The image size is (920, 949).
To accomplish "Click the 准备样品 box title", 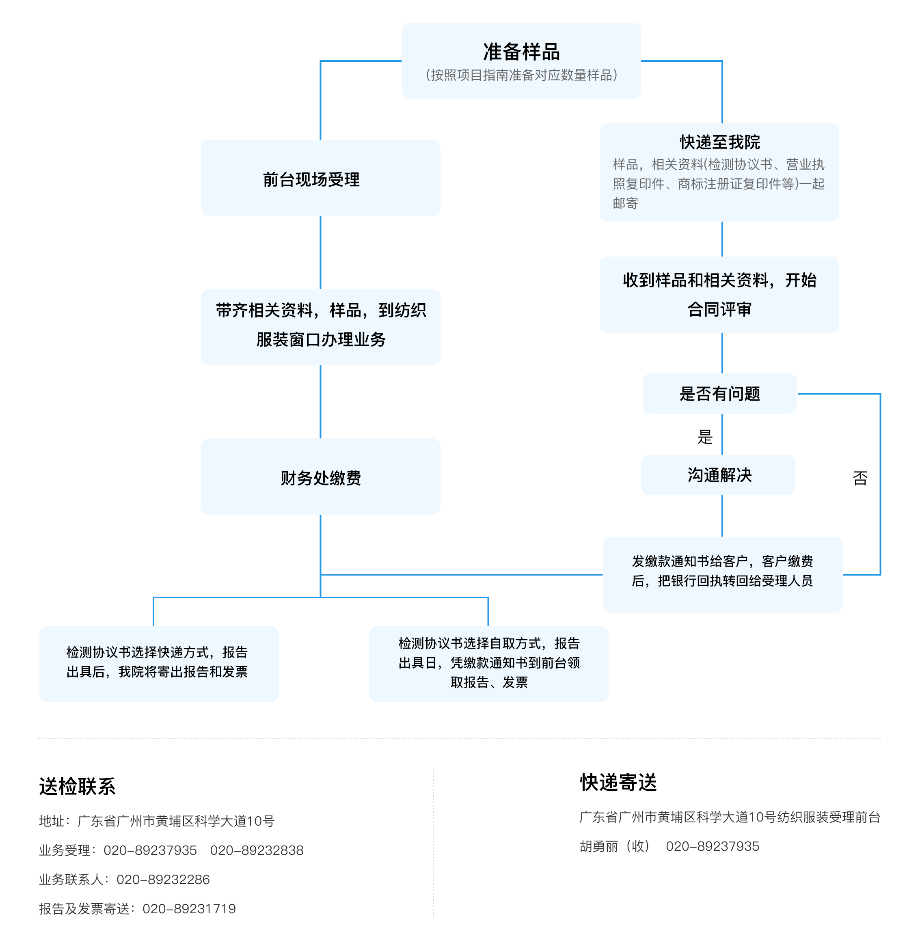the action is pyautogui.click(x=521, y=52).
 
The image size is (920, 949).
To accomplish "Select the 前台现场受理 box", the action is pyautogui.click(x=321, y=178).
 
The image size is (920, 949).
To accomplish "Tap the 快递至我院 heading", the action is pyautogui.click(x=719, y=142).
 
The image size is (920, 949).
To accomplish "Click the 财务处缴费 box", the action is pyautogui.click(x=321, y=477).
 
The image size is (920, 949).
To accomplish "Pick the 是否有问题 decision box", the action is pyautogui.click(x=719, y=394).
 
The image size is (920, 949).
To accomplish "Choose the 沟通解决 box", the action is pyautogui.click(x=718, y=475).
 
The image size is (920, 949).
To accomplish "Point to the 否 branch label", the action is pyautogui.click(x=860, y=479).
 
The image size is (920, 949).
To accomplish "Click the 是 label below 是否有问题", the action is pyautogui.click(x=705, y=437).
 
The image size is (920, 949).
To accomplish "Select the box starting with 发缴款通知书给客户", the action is pyautogui.click(x=722, y=575).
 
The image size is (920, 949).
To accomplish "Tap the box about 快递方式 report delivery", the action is pyautogui.click(x=159, y=664).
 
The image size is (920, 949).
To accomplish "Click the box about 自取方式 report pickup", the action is pyautogui.click(x=488, y=664).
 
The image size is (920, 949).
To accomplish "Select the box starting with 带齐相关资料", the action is pyautogui.click(x=321, y=327).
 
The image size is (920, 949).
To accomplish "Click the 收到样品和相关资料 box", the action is pyautogui.click(x=719, y=294).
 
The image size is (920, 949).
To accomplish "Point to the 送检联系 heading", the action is pyautogui.click(x=78, y=786).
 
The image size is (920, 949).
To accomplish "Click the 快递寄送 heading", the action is pyautogui.click(x=618, y=783).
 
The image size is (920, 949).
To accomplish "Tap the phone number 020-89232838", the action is pyautogui.click(x=257, y=850).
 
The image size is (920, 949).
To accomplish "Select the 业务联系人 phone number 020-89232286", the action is pyautogui.click(x=163, y=879).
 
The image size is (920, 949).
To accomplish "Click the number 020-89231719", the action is pyautogui.click(x=189, y=908).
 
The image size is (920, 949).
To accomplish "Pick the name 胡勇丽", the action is pyautogui.click(x=599, y=846).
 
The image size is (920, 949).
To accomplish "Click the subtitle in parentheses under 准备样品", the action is pyautogui.click(x=521, y=75).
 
